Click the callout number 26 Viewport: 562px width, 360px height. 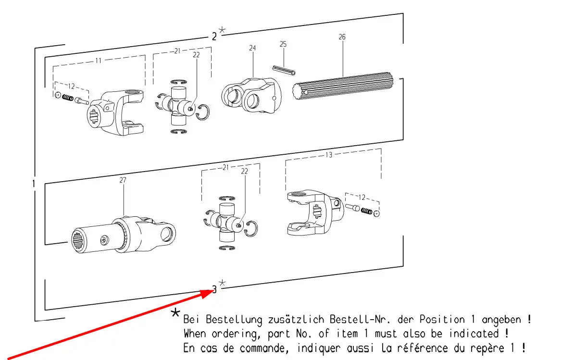point(342,37)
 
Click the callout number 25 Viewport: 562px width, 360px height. point(283,44)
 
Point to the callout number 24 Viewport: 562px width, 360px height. point(253,48)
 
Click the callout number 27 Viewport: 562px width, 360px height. point(123,180)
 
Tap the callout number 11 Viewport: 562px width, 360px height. point(98,61)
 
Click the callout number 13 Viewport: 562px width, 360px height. point(329,155)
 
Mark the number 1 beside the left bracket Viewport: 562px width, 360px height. point(33,184)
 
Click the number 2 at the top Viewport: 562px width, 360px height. point(214,36)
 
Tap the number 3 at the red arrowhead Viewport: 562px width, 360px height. point(214,289)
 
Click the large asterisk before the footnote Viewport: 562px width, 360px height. point(175,314)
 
